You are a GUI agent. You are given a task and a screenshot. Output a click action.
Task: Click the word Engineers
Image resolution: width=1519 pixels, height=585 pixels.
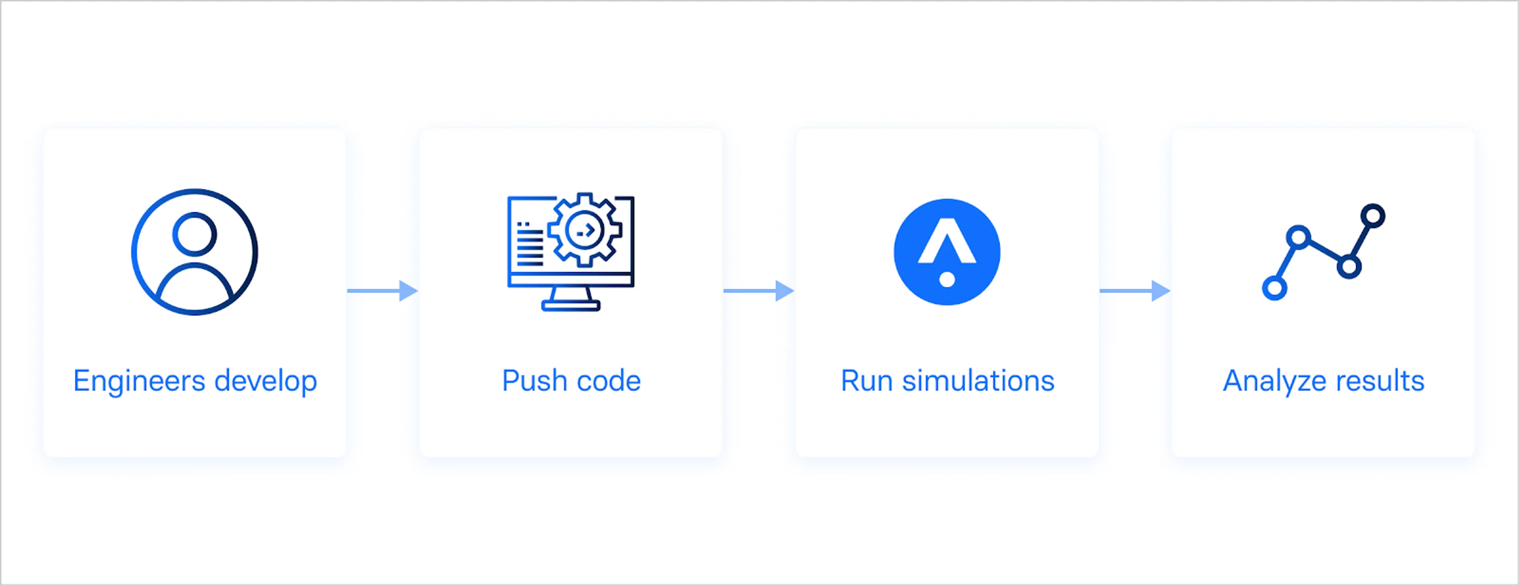140,381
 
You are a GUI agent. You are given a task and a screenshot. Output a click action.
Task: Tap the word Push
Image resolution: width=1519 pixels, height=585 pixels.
534,381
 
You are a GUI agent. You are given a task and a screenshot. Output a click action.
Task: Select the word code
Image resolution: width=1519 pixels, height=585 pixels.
608,381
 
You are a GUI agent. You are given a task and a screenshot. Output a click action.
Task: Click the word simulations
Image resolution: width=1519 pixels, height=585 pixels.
978,381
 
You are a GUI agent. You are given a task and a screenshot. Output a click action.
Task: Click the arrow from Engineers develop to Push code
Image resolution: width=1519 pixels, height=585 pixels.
383,291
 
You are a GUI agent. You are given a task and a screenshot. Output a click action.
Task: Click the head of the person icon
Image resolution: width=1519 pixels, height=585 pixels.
195,234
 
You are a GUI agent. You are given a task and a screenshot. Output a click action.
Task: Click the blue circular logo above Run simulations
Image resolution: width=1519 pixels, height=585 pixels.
947,252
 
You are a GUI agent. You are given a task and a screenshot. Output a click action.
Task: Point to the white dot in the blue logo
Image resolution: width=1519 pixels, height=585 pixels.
947,279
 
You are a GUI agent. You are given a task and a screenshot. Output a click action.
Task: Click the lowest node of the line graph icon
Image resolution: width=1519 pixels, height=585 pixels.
1274,288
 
